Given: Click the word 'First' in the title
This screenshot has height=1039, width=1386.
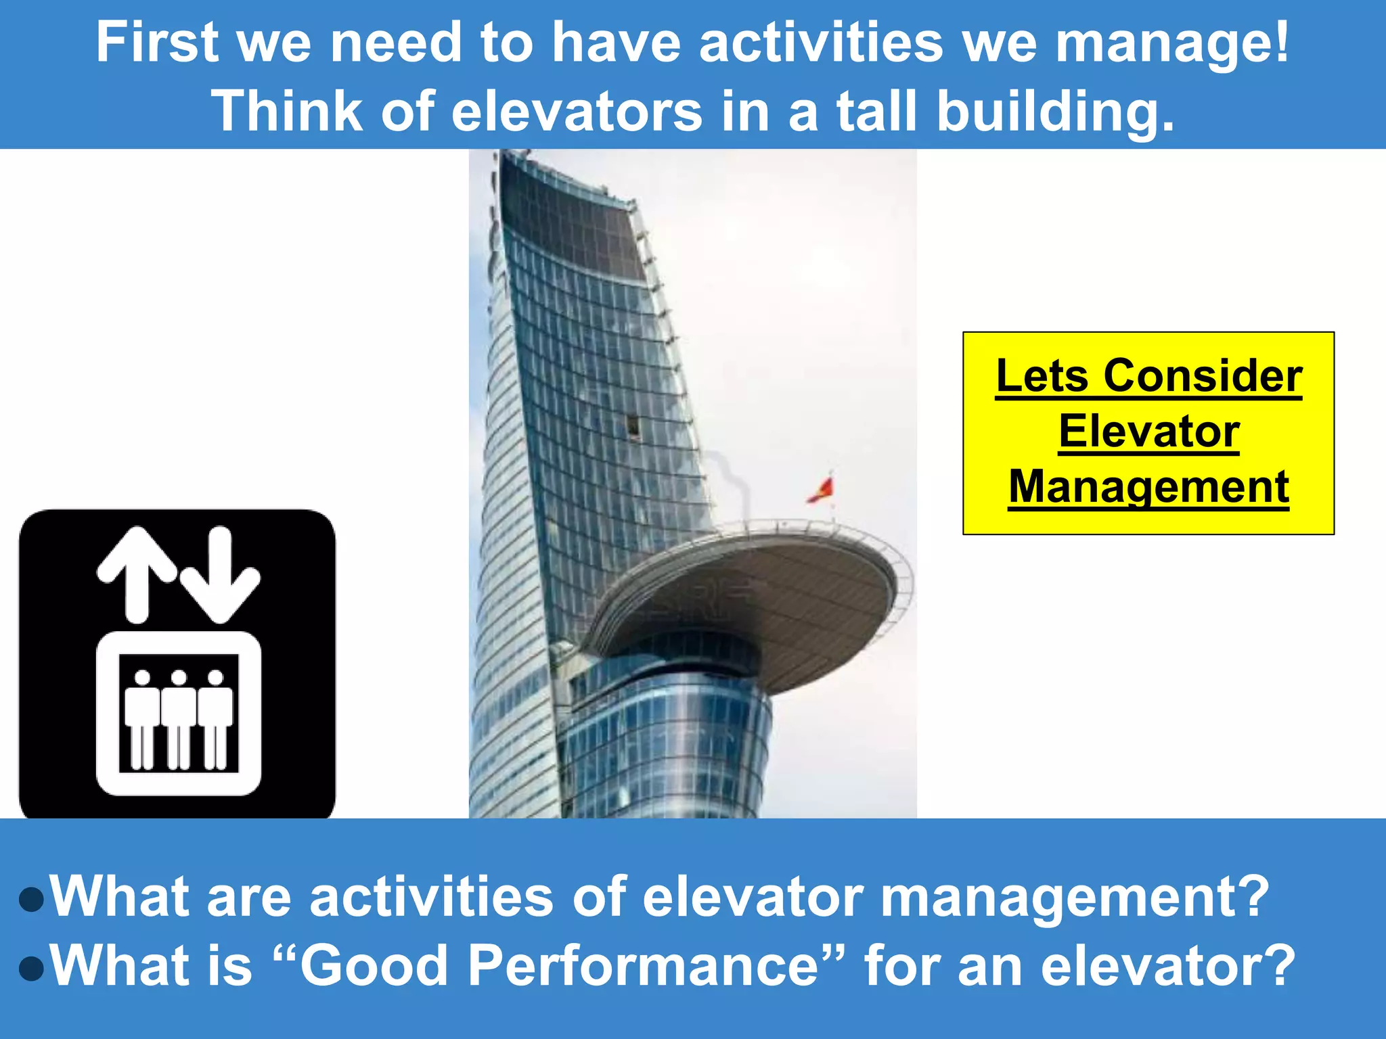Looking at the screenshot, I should (x=158, y=43).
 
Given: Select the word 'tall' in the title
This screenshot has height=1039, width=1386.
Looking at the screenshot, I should (x=877, y=112).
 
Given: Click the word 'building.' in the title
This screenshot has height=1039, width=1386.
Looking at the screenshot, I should (x=1056, y=112).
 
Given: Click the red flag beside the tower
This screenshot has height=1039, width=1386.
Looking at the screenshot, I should (x=822, y=489).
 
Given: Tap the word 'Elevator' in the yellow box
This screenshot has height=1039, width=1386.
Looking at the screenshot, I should (x=1148, y=432).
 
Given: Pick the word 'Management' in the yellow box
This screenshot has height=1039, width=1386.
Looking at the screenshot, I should (x=1148, y=487).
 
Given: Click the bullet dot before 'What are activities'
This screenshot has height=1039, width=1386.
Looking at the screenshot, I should (x=32, y=900).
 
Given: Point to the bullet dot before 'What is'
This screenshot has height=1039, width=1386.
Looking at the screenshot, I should (x=32, y=968).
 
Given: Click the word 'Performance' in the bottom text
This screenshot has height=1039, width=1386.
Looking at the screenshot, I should (x=643, y=966).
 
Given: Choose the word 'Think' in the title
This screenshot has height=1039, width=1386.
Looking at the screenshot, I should (x=286, y=112).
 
